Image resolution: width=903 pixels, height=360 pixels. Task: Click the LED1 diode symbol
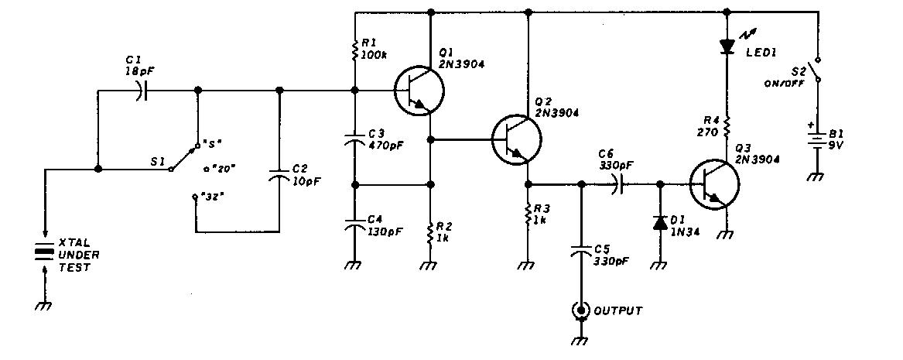coord(727,46)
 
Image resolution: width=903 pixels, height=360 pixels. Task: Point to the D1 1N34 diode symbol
coord(659,224)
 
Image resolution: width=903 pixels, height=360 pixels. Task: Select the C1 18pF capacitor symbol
coord(139,91)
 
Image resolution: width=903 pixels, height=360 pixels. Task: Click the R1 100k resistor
coord(354,52)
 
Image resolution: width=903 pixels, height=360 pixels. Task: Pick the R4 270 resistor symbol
coord(727,124)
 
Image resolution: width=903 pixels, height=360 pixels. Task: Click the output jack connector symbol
coord(580,310)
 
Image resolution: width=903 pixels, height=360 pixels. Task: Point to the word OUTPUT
coord(619,311)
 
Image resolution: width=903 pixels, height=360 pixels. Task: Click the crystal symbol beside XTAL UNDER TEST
coord(45,253)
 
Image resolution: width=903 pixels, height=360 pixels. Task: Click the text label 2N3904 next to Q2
coord(556,113)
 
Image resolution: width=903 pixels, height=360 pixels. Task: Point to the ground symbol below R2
coord(429,265)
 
